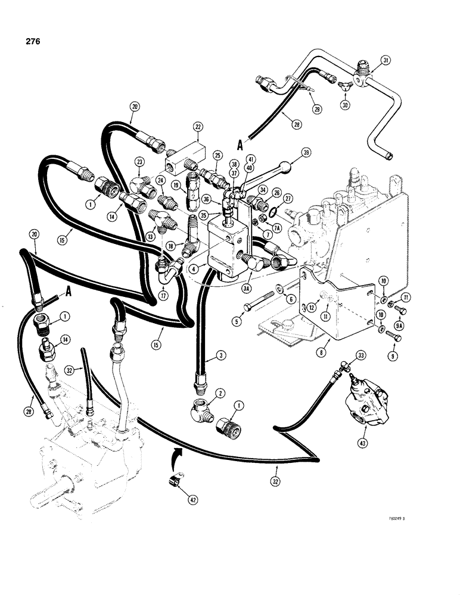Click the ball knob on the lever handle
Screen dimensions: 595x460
[287, 165]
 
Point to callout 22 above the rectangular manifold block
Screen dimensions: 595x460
[198, 126]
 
